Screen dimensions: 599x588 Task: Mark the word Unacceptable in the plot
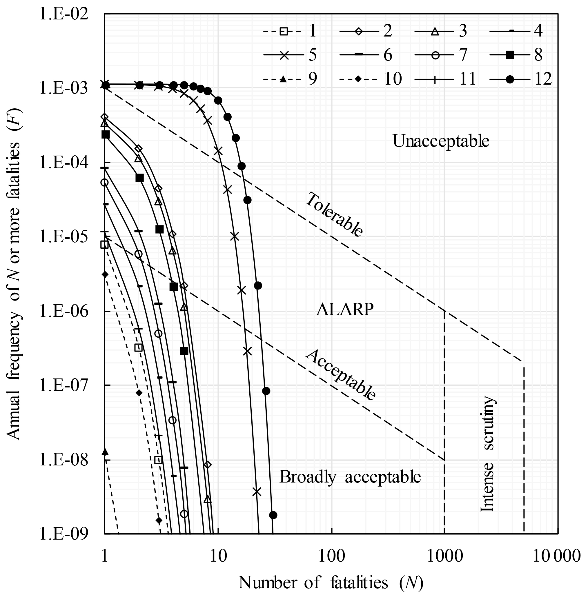pyautogui.click(x=441, y=141)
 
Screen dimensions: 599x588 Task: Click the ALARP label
pyautogui.click(x=345, y=309)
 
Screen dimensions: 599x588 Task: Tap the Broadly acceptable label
pyautogui.click(x=350, y=477)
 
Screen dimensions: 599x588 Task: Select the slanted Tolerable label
pyautogui.click(x=334, y=215)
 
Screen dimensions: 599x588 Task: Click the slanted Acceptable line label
pyautogui.click(x=341, y=375)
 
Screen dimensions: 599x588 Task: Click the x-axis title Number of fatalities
pyautogui.click(x=331, y=583)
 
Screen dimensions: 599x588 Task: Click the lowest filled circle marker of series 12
pyautogui.click(x=273, y=515)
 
